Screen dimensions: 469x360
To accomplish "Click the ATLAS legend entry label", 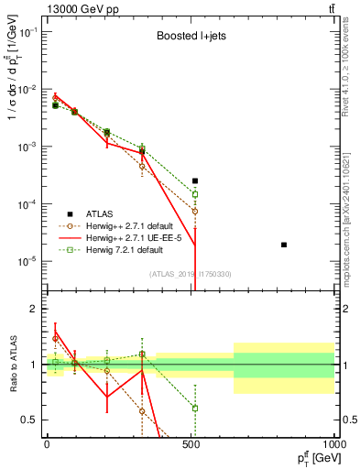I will point(102,213).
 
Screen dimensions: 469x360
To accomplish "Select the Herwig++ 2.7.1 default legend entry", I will point(129,224).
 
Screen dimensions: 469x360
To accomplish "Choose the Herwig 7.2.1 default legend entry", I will point(123,248).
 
